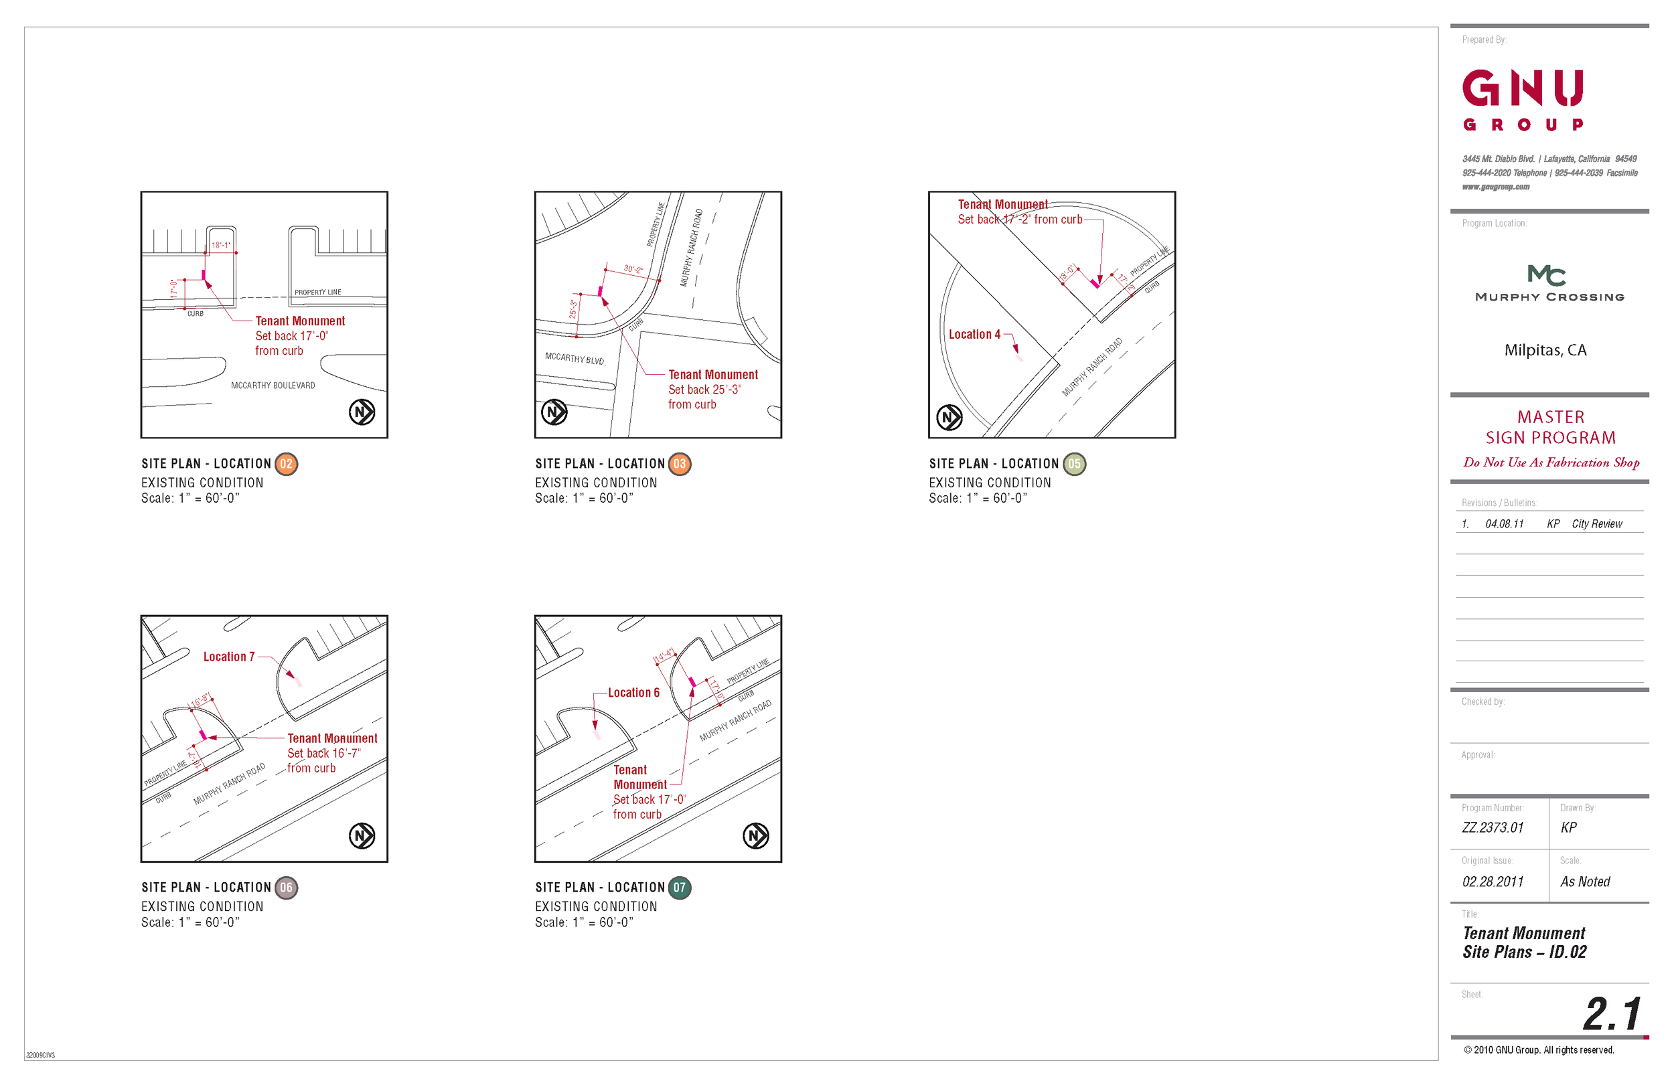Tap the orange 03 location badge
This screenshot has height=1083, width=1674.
tap(680, 464)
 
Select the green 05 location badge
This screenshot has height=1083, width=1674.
tap(1074, 464)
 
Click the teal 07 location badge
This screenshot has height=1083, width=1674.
tap(680, 888)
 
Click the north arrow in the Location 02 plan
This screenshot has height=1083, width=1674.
tap(362, 412)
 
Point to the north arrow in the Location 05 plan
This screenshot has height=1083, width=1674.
tap(949, 418)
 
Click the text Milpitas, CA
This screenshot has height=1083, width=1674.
tap(1545, 350)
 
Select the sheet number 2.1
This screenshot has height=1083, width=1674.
tap(1612, 1014)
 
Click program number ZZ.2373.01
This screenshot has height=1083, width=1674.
tap(1493, 828)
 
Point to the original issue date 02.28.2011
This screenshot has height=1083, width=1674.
tap(1493, 882)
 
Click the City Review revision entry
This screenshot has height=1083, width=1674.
tap(1596, 524)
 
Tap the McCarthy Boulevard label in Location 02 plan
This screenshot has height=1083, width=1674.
tap(273, 386)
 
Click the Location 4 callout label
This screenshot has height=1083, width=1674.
tap(974, 335)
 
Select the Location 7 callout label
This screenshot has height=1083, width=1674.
tap(228, 657)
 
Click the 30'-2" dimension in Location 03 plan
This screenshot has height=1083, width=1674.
tap(633, 269)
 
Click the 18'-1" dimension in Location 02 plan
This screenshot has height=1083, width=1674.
tap(221, 246)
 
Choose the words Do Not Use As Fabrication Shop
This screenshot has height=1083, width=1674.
tap(1551, 463)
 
